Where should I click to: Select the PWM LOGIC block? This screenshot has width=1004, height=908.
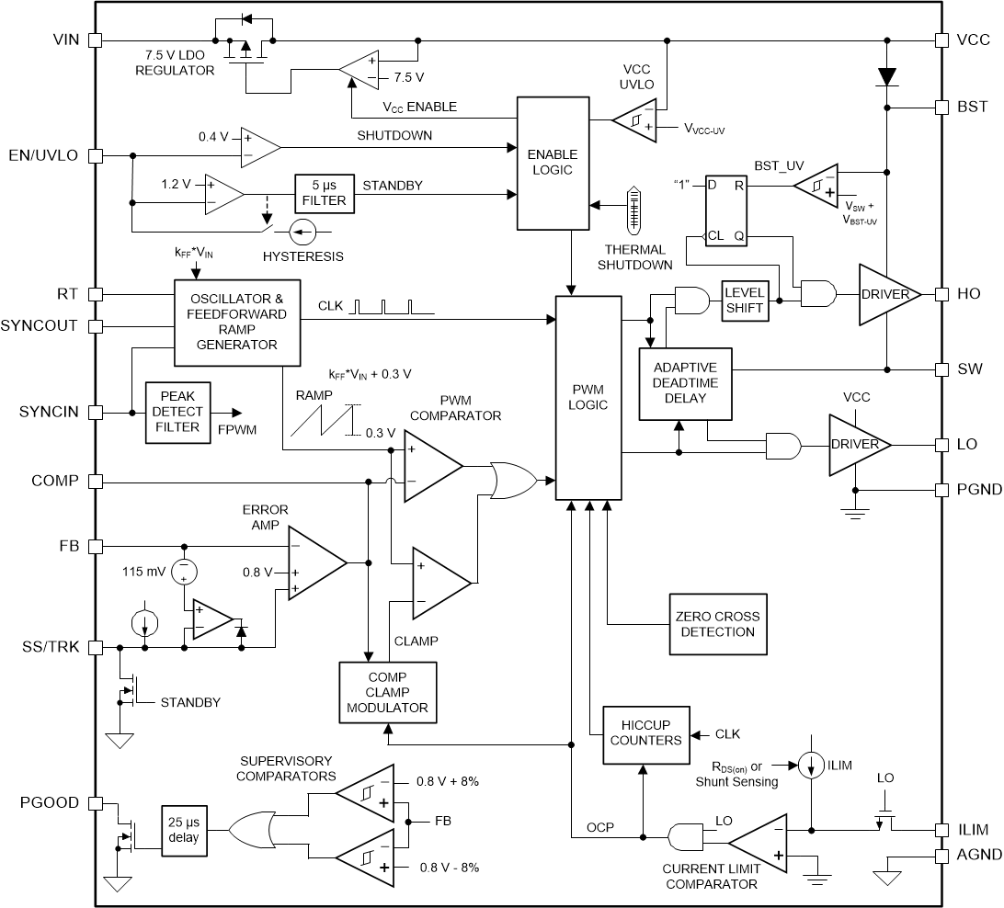tap(589, 397)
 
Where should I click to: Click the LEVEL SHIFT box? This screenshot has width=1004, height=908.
tap(745, 301)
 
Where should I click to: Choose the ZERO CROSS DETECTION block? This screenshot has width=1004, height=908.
tap(718, 624)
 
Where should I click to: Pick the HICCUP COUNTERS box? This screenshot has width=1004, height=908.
tap(645, 732)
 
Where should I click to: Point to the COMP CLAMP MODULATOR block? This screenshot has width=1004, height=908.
tap(387, 692)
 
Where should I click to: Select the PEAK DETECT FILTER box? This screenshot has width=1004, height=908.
tap(177, 413)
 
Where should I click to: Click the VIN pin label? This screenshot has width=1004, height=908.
tap(67, 40)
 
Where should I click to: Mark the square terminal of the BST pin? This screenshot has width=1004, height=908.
tap(941, 108)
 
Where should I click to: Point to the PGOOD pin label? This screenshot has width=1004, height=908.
tap(51, 803)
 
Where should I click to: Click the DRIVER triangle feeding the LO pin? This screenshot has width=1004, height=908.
tap(859, 445)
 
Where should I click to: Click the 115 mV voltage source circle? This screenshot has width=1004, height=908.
tap(185, 572)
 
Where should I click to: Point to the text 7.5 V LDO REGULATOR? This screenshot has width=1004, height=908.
tap(174, 63)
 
